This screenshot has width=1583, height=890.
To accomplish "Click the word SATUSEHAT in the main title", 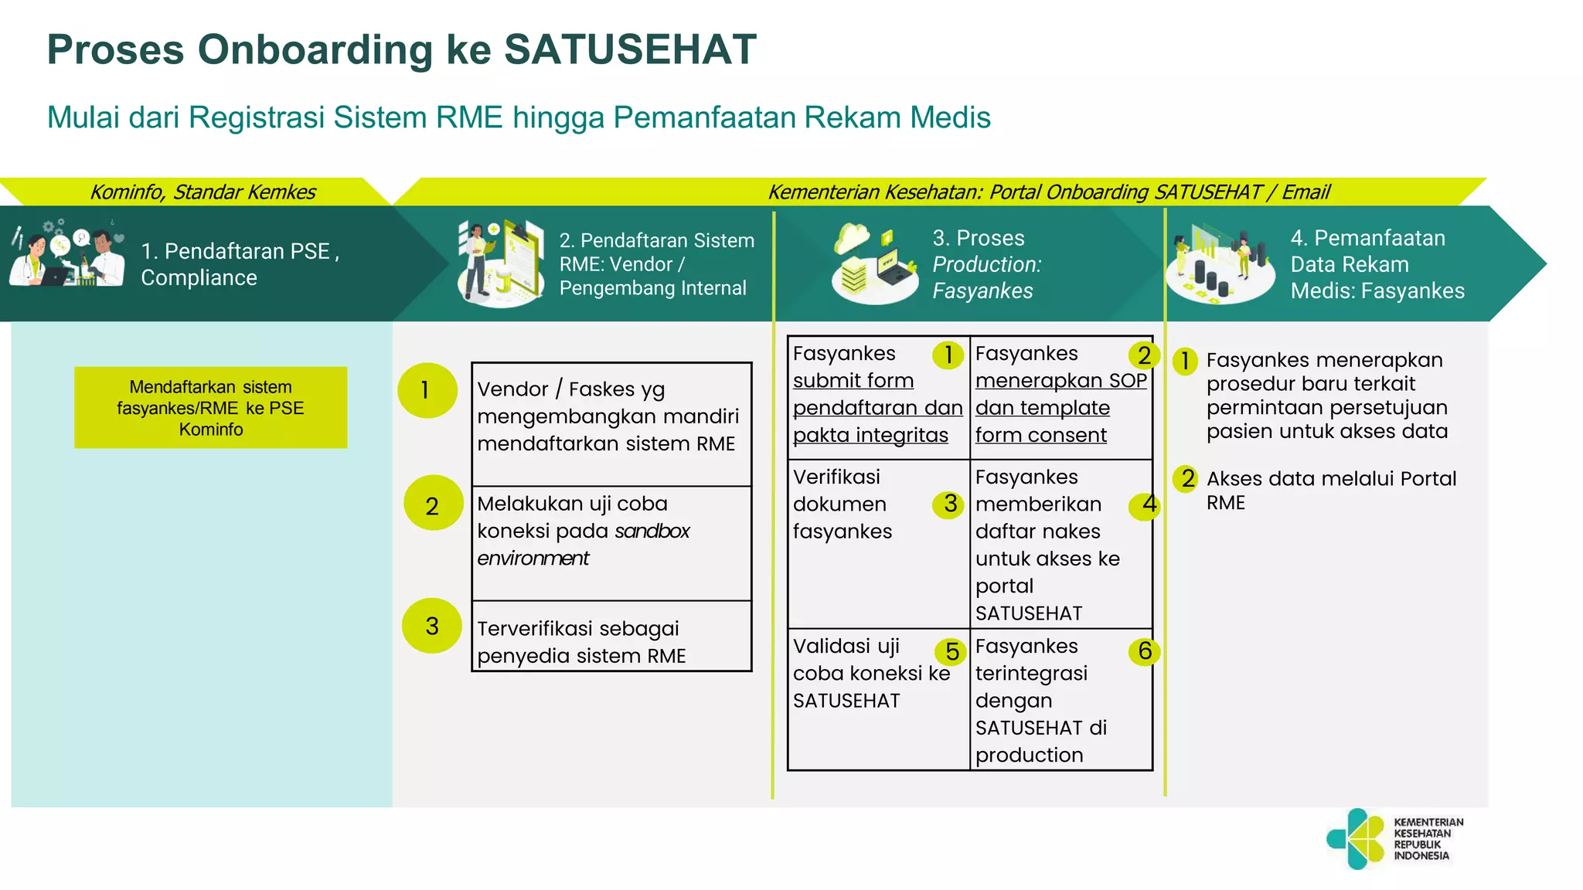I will [x=630, y=50].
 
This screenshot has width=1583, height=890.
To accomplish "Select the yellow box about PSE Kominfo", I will [x=210, y=407].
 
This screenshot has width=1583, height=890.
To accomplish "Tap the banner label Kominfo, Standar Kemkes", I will [x=203, y=192].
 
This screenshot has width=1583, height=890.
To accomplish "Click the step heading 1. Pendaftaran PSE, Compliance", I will [x=240, y=264].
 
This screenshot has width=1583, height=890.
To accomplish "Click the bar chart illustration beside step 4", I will [x=1220, y=263].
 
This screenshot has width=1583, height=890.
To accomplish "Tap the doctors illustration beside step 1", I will [x=67, y=256].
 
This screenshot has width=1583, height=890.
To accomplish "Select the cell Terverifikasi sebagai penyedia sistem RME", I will [x=611, y=641].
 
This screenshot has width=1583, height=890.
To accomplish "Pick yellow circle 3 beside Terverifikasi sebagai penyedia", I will [x=431, y=626].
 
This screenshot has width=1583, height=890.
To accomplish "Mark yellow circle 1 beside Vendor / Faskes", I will [x=426, y=390].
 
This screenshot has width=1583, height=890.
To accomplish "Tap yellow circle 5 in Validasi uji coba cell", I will [x=952, y=652].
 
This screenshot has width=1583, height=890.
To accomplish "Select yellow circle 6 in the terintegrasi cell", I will [x=1144, y=651].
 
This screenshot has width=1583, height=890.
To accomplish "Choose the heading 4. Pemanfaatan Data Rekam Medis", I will [x=1377, y=264].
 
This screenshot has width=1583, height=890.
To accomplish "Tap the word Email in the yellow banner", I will [x=1306, y=192].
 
